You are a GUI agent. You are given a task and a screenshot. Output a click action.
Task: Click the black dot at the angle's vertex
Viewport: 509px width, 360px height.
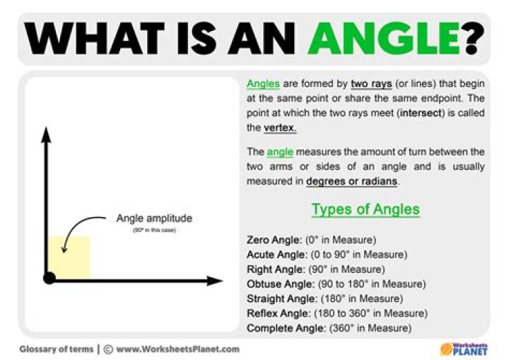49,278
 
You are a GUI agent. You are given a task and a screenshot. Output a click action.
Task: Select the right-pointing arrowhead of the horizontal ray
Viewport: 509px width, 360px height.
215,280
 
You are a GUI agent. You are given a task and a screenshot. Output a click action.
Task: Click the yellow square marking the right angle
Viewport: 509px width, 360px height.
69,256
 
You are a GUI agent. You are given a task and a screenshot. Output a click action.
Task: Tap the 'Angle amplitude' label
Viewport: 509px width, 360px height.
153,219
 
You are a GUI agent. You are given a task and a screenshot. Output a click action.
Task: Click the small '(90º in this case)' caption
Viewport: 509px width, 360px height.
153,231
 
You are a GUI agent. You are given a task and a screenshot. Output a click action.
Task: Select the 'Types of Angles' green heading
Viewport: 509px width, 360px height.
365,209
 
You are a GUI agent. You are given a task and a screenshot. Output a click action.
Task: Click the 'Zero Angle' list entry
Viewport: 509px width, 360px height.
311,240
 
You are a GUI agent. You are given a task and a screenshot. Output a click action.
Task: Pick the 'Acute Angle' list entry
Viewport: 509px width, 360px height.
327,255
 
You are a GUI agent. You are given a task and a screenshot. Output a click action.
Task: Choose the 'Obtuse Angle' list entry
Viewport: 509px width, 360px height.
336,284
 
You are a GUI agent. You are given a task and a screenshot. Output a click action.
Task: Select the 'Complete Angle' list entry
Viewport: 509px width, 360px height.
328,328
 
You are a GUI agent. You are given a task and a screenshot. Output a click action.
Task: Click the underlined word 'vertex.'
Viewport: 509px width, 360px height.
280,128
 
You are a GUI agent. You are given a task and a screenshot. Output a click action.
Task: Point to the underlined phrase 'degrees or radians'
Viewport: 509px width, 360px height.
352,181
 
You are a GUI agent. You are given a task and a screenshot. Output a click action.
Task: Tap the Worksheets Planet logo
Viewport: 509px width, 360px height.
464,348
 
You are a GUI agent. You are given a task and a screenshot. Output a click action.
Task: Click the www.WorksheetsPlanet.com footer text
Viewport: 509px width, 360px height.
177,349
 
